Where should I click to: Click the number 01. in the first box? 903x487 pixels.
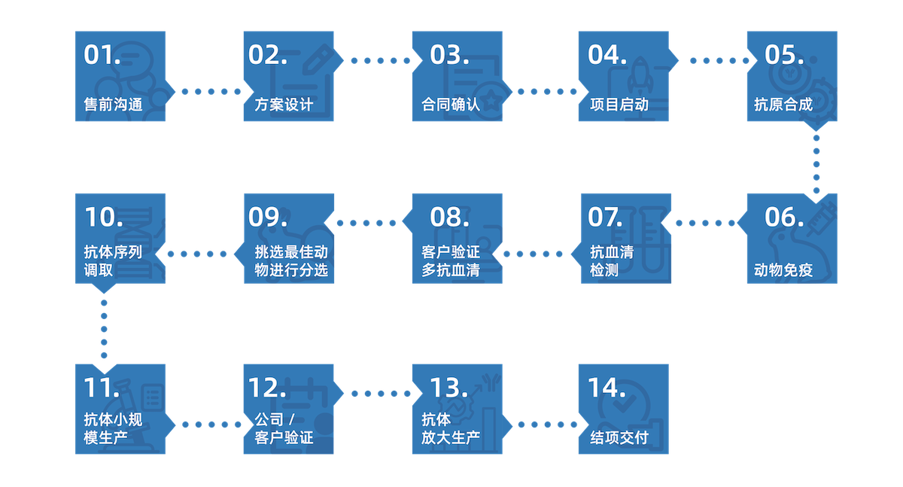click(x=102, y=55)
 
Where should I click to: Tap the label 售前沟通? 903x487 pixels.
click(x=113, y=105)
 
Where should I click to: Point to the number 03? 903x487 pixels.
click(x=450, y=55)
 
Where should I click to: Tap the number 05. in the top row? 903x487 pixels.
click(x=784, y=55)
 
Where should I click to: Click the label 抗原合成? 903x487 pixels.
click(x=783, y=105)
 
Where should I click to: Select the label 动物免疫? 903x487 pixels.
click(x=783, y=270)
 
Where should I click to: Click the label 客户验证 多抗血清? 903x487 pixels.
click(x=450, y=260)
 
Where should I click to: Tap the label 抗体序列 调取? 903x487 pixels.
click(x=113, y=260)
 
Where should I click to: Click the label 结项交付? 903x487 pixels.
click(x=619, y=438)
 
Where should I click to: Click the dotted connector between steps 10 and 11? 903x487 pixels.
click(x=104, y=328)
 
